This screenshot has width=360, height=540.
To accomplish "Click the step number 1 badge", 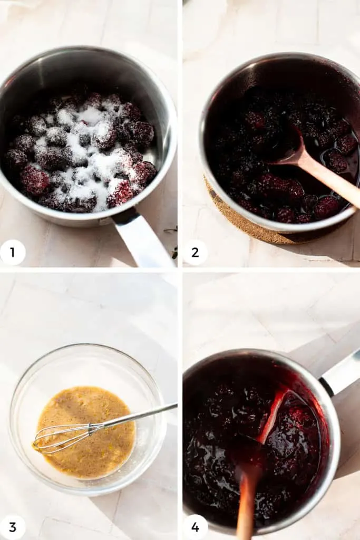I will click(13, 252).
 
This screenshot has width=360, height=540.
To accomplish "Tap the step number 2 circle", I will click(195, 252).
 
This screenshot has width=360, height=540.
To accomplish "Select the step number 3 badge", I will click(13, 527).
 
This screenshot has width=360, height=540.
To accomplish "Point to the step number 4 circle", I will click(195, 527).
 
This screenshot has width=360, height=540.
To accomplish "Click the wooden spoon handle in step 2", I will click(332, 182).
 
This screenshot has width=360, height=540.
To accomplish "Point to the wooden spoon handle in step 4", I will click(246, 506).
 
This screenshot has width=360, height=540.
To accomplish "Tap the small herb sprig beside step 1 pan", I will click(172, 230).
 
